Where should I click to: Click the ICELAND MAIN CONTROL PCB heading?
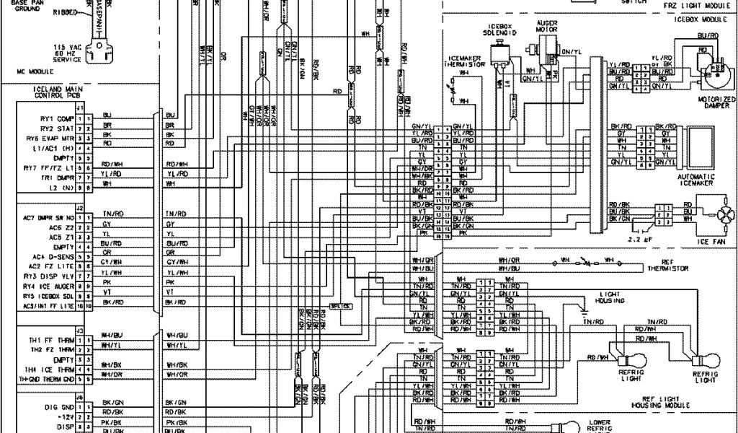pyautogui.click(x=48, y=92)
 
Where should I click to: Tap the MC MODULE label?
pyautogui.click(x=31, y=72)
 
